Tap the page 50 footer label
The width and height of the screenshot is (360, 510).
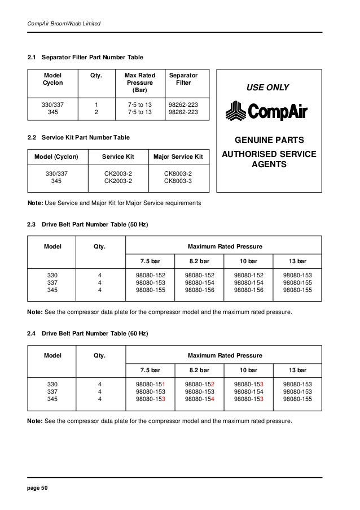[38, 486]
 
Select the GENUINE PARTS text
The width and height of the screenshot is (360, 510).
[269, 140]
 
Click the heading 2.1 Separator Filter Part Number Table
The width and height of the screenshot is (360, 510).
[85, 57]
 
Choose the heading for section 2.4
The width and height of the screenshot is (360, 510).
[88, 334]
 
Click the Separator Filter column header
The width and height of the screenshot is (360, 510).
[183, 79]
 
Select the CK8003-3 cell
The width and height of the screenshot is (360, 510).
[178, 181]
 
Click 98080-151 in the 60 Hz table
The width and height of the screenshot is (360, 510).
[151, 384]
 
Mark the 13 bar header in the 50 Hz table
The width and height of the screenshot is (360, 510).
[297, 261]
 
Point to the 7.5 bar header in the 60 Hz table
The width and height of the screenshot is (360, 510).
[151, 370]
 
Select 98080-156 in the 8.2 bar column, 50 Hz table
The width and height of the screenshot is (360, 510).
[199, 290]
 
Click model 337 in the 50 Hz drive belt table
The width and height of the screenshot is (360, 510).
[52, 283]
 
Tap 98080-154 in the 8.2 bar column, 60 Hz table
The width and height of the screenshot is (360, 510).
[199, 399]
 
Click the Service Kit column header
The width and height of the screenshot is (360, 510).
[117, 155]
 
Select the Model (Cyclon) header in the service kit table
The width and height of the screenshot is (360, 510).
[56, 155]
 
